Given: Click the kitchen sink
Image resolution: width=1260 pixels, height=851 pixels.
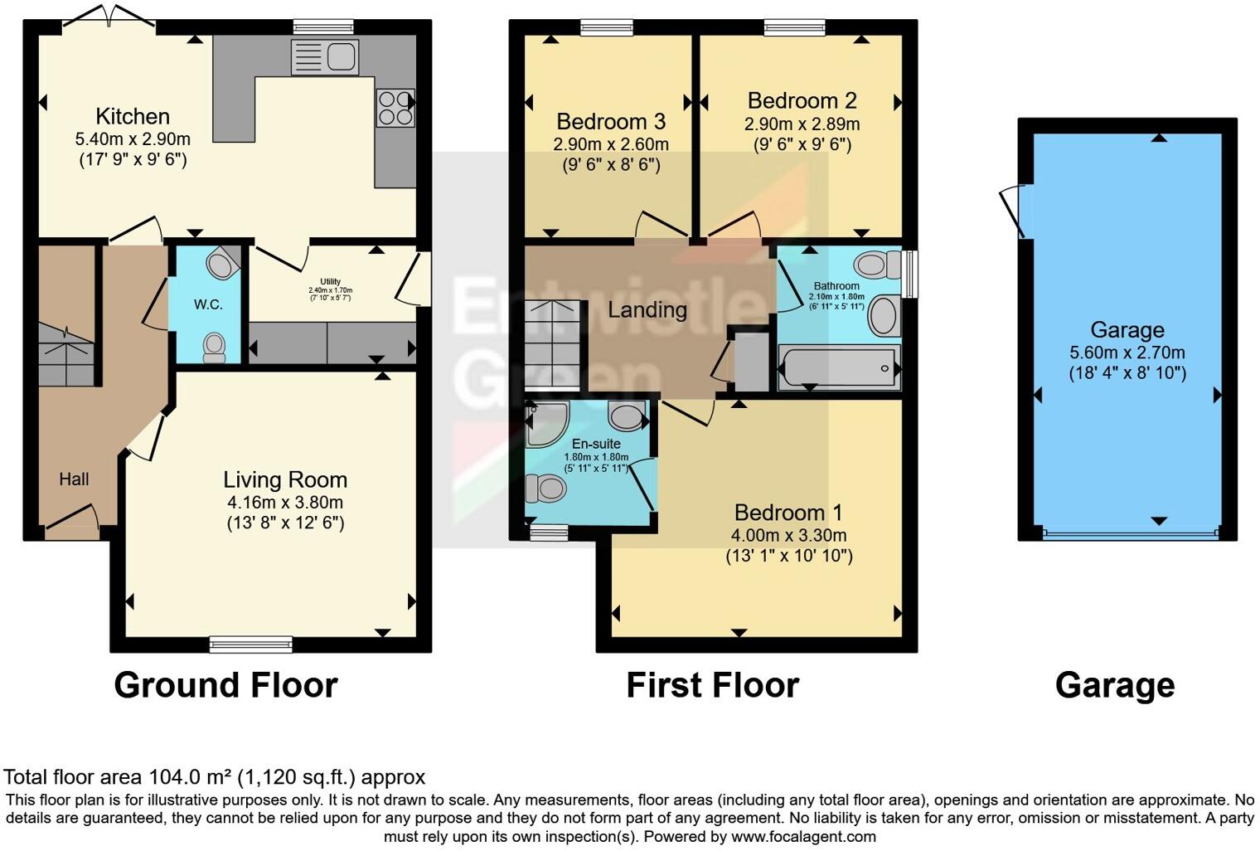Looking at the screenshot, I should tap(326, 57).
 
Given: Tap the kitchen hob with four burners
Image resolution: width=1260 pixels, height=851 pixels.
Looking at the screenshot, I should tap(395, 108).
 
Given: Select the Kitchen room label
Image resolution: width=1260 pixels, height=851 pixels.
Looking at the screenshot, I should tap(133, 116).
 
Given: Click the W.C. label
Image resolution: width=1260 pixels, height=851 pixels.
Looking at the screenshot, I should tap(208, 304).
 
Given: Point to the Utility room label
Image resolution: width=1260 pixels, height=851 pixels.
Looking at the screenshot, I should tap(330, 282).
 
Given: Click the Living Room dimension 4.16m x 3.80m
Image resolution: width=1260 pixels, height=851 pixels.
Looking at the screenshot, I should tap(285, 502).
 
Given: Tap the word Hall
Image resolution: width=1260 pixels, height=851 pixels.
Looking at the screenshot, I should tap(74, 479).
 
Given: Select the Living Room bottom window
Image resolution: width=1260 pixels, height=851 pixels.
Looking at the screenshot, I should tap(251, 644).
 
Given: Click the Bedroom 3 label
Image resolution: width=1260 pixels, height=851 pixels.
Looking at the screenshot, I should tap(611, 122).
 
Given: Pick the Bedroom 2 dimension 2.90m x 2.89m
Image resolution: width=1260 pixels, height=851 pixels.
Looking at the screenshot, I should tap(802, 124).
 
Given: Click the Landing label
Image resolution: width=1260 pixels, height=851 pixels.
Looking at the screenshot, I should tap(647, 310).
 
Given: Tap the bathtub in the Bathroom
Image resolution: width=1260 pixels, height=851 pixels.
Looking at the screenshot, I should tap(838, 367).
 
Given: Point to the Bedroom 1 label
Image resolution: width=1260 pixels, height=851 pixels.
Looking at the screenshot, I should tap(788, 513).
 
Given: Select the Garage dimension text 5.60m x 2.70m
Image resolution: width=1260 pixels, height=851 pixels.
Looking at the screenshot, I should tap(1127, 352).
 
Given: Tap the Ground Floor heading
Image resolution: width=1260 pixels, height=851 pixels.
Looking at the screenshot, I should tap(225, 685).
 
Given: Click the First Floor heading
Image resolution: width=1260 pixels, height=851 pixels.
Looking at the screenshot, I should tap(712, 685).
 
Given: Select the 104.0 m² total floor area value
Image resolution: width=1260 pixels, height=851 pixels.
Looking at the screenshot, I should tap(191, 777).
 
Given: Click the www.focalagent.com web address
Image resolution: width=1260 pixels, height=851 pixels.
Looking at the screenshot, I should tap(803, 836).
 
